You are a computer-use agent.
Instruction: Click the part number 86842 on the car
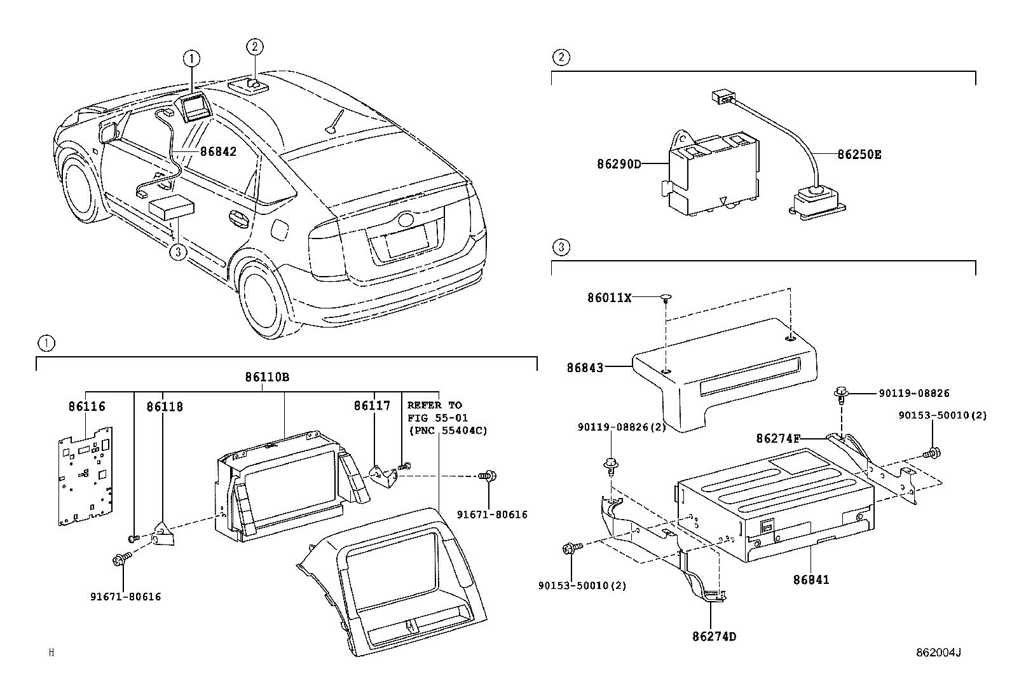[218, 152]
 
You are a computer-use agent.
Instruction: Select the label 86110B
[267, 377]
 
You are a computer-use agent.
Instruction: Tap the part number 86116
[86, 406]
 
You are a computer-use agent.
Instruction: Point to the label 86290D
[619, 164]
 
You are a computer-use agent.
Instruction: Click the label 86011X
[609, 297]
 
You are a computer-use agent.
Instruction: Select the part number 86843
[585, 367]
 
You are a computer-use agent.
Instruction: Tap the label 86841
[811, 580]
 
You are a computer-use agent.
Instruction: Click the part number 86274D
[714, 636]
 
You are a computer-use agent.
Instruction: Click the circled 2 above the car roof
[254, 46]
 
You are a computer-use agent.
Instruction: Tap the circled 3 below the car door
[178, 253]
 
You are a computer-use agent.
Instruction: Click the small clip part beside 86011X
[666, 297]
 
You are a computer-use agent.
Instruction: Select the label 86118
[164, 406]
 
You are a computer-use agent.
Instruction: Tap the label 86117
[373, 406]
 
